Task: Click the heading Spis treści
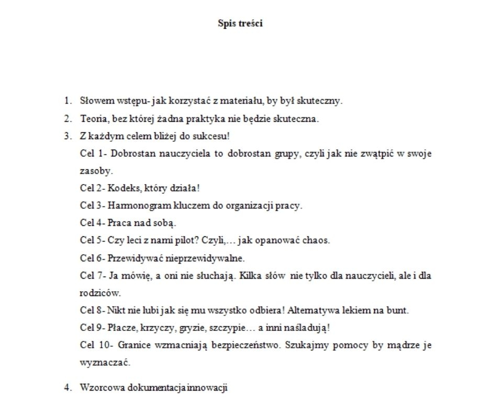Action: (240, 24)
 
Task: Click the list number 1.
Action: (67, 100)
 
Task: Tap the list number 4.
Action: (67, 388)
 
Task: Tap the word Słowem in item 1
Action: (95, 100)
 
